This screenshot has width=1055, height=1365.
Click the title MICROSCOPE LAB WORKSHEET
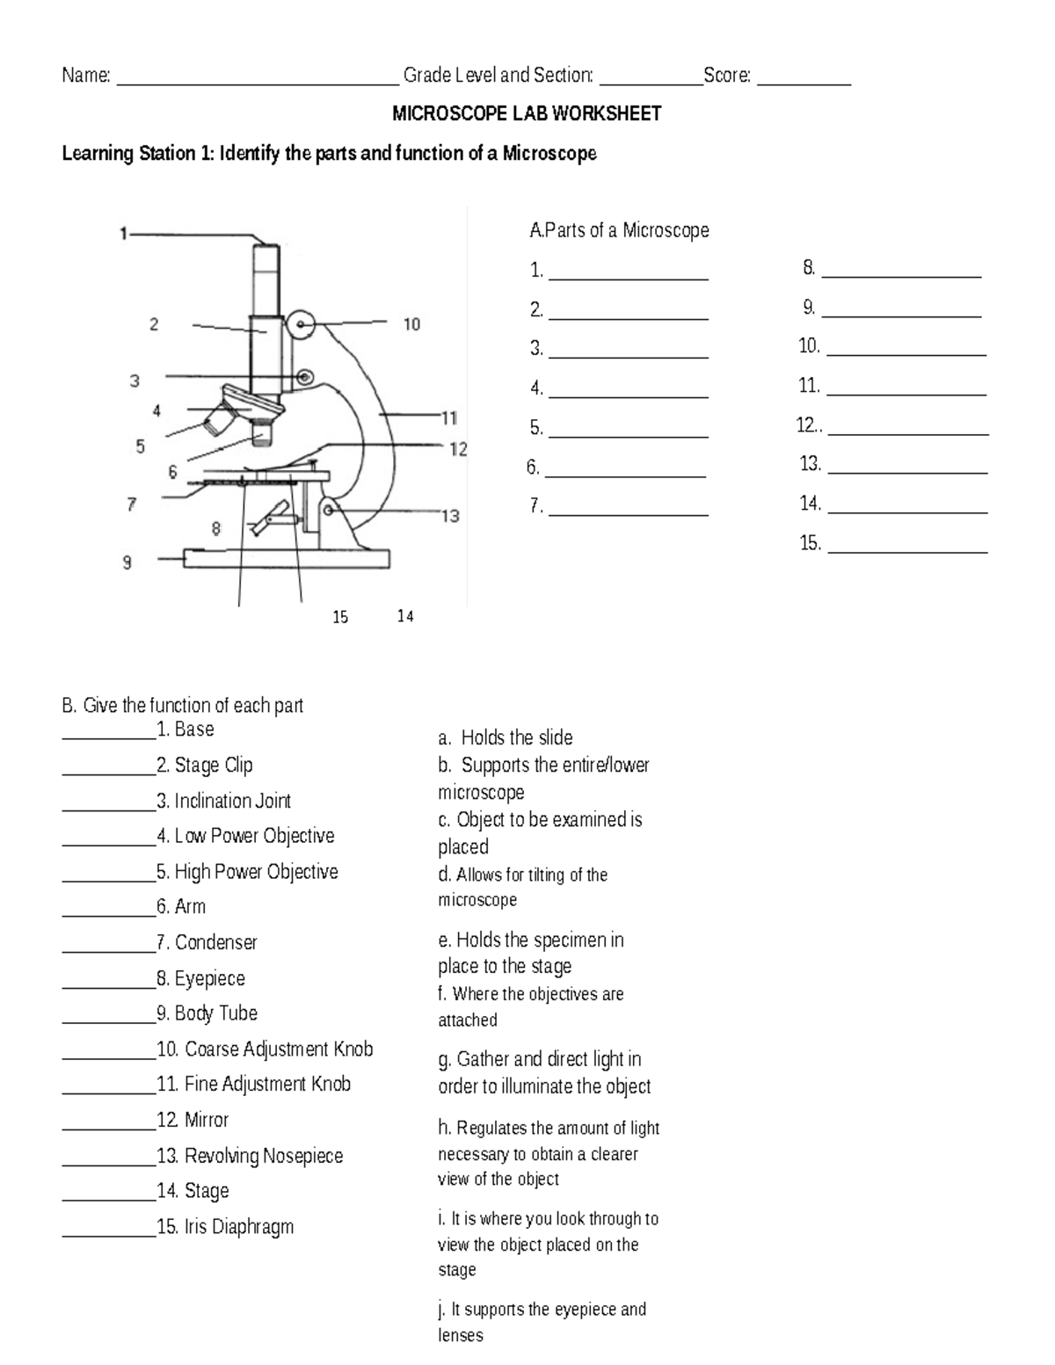tap(526, 113)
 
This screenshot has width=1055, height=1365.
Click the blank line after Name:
tap(257, 81)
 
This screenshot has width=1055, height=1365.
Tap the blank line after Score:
tap(804, 81)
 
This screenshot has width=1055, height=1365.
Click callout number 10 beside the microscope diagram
tap(411, 324)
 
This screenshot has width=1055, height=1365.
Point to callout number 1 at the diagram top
tap(124, 234)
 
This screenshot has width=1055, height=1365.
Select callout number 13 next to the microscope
tap(450, 516)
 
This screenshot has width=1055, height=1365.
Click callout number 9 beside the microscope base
tap(127, 563)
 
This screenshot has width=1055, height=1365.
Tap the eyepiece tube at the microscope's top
tap(266, 279)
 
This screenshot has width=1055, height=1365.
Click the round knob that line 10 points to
tap(302, 326)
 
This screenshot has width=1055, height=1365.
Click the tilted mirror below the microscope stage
tap(271, 518)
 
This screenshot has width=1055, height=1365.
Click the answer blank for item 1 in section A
tap(628, 276)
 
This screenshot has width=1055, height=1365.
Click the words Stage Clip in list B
tap(213, 766)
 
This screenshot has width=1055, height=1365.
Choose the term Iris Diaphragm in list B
tap(238, 1227)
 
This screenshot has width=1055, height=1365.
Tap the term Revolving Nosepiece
tap(263, 1156)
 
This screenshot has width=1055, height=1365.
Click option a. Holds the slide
tap(506, 737)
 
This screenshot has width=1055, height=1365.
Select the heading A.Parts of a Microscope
tap(619, 230)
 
